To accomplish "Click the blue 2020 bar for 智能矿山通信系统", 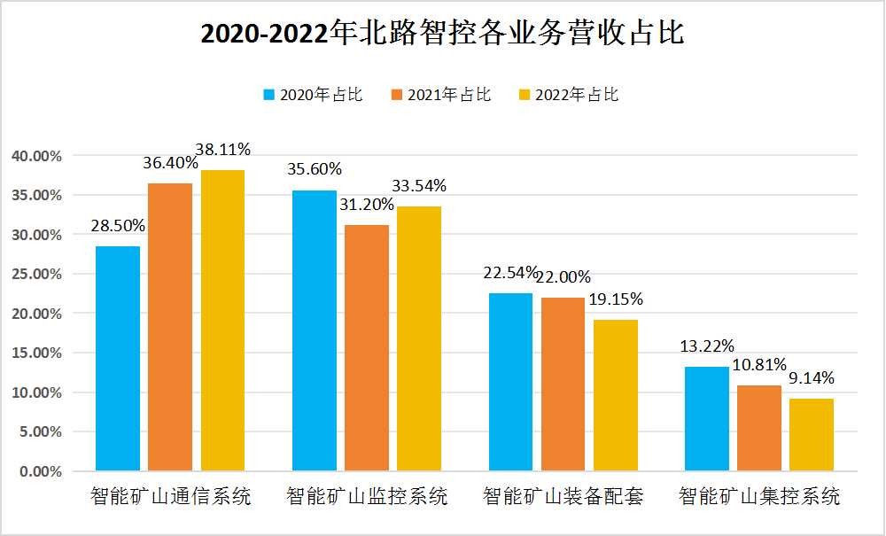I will pos(118,358).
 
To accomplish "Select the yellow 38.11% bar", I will pos(222,320).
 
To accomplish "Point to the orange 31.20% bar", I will pos(367,347).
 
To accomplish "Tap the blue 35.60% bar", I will pos(315,330).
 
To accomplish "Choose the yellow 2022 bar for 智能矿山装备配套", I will pos(616,394).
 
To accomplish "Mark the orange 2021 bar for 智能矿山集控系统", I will pos(759,427).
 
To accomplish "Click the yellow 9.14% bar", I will pos(812,434).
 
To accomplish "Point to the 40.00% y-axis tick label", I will pos(37,156).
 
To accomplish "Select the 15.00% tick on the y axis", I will pos(37,353).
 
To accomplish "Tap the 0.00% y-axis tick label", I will pos(41,471).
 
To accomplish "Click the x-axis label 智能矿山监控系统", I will pos(367,496).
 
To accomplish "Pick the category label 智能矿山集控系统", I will pos(759,496).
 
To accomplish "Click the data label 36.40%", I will pos(170,164).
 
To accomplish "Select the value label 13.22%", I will pos(707,346).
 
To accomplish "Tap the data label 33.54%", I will pos(419,186).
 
